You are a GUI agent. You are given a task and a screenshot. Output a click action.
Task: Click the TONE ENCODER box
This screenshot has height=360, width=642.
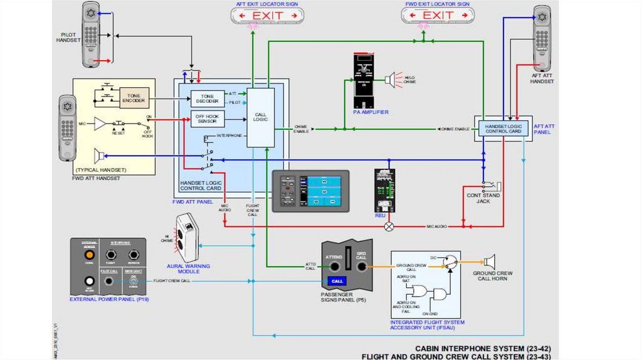pyautogui.click(x=134, y=98)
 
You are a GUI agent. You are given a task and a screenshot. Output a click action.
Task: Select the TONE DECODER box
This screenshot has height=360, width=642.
pyautogui.click(x=207, y=99)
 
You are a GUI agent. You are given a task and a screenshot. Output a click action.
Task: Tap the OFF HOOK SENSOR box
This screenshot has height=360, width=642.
pyautogui.click(x=207, y=119)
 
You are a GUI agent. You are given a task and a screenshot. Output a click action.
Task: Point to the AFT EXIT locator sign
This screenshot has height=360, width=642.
pyautogui.click(x=268, y=15)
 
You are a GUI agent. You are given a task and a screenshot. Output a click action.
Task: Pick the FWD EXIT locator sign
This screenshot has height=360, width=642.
pyautogui.click(x=438, y=15)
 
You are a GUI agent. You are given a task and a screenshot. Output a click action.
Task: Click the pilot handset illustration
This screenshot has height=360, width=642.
pyautogui.click(x=92, y=34)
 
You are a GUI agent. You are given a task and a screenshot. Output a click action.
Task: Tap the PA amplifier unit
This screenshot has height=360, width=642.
pyautogui.click(x=364, y=81)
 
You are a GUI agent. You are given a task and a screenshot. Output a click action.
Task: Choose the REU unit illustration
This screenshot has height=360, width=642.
pyautogui.click(x=384, y=190)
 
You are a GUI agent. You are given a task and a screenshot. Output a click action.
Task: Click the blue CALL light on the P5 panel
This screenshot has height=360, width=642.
pyautogui.click(x=337, y=281)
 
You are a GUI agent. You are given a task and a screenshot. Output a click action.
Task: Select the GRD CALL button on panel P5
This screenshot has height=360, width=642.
pyautogui.click(x=361, y=266)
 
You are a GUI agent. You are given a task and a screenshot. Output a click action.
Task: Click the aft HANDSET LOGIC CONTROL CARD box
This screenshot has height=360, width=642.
pyautogui.click(x=503, y=129)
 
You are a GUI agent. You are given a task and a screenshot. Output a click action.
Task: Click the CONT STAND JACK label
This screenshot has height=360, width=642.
pyautogui.click(x=483, y=199)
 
